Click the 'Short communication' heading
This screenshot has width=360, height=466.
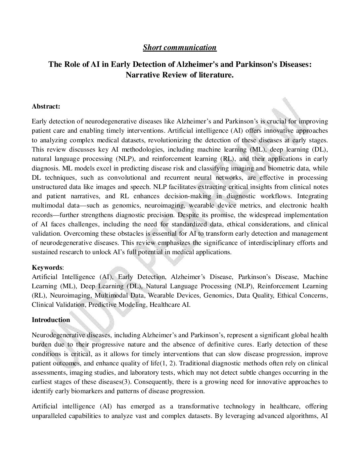(180, 47)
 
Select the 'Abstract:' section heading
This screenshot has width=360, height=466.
(46, 107)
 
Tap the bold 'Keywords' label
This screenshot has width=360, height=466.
(47, 267)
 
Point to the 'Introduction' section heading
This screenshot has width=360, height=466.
(51, 320)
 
